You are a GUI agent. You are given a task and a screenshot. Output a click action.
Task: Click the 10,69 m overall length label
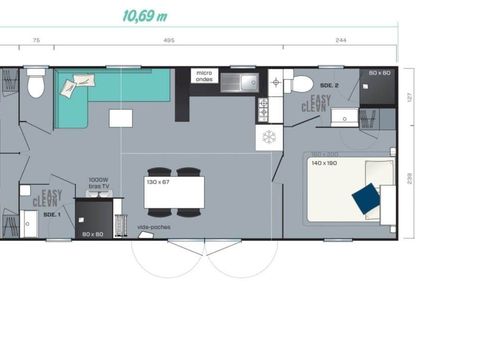pos(144,16)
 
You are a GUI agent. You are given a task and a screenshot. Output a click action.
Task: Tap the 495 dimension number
pos(168,40)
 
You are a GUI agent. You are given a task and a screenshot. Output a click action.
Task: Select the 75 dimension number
pos(36,40)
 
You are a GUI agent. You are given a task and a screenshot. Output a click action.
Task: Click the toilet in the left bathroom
pos(37,85)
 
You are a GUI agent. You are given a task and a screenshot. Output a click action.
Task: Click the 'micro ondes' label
pos(204,75)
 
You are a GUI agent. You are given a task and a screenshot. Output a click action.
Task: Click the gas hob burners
pos(265,106)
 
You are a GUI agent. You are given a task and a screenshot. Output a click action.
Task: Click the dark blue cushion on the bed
pos(366,198)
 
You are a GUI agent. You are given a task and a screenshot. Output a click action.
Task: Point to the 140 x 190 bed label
pos(325,162)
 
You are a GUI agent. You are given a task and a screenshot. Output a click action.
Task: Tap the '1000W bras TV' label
pos(98,183)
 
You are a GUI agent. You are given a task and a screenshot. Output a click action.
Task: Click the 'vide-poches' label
pos(153,227)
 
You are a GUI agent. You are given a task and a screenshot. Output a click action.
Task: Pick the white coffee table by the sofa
pos(121,118)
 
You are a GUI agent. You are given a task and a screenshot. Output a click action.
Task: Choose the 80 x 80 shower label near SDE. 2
pos(379,74)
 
